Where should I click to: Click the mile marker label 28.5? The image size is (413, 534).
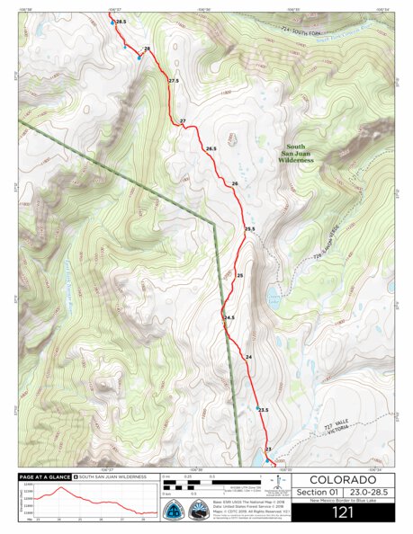pyautogui.click(x=121, y=21)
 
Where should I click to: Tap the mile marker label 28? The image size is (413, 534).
pyautogui.click(x=147, y=49)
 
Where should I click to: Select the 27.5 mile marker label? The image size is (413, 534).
pyautogui.click(x=174, y=81)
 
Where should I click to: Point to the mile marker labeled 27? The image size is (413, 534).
pyautogui.click(x=182, y=120)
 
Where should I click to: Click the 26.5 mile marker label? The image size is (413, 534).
pyautogui.click(x=211, y=148)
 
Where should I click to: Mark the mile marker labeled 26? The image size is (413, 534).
pyautogui.click(x=234, y=183)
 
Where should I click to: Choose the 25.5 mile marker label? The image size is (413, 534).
pyautogui.click(x=250, y=229)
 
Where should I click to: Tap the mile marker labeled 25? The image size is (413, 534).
pyautogui.click(x=240, y=275)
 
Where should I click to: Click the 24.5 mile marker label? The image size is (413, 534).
pyautogui.click(x=229, y=317)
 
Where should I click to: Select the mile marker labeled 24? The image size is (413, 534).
pyautogui.click(x=248, y=358)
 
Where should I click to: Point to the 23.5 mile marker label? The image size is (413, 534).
pyautogui.click(x=263, y=410)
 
